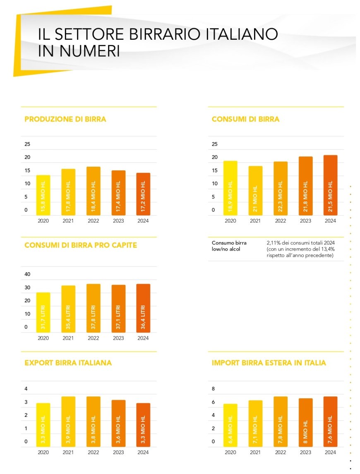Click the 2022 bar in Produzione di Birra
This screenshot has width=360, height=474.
click(94, 191)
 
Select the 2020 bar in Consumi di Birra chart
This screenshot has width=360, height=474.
click(230, 188)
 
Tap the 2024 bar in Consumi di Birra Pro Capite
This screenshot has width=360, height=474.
click(143, 308)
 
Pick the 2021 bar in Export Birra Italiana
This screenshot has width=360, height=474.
click(68, 421)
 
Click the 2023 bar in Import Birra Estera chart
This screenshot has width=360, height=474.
click(305, 422)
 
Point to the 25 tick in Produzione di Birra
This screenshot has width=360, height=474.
click(28, 144)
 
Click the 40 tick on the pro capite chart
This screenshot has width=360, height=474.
click(28, 274)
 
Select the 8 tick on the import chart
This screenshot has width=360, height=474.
click(214, 389)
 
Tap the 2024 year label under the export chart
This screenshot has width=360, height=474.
click(143, 452)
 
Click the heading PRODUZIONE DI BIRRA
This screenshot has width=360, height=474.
click(65, 119)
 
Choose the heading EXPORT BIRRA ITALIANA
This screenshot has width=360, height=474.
click(68, 363)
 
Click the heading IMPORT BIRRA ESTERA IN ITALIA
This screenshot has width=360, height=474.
click(269, 363)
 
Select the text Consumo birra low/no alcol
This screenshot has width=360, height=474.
click(226, 246)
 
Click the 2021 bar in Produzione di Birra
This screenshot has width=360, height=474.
click(68, 192)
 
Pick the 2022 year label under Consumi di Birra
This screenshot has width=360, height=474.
click(281, 221)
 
